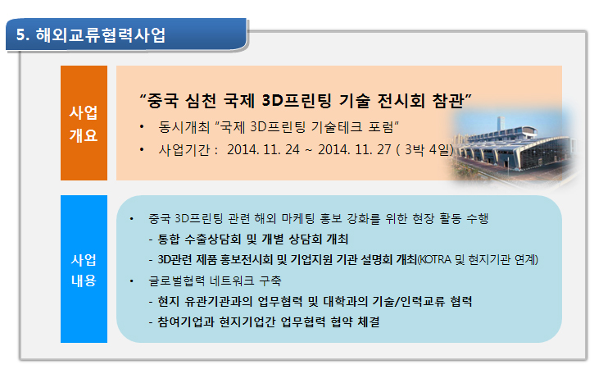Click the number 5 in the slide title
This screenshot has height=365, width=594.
[x=20, y=35]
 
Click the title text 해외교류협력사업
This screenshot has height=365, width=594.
[x=101, y=35]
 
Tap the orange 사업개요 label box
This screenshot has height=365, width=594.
[x=84, y=123]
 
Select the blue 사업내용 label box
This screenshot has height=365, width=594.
[x=84, y=269]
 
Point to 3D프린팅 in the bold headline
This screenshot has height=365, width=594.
[x=297, y=101]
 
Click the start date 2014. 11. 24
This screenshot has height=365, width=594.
[x=263, y=150]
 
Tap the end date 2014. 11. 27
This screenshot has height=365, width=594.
[x=354, y=150]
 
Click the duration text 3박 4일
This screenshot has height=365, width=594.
[x=427, y=150]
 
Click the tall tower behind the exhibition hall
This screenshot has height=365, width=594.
[x=501, y=125]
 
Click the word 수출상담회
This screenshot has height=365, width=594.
[x=213, y=239]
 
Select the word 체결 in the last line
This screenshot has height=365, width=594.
[x=369, y=322]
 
